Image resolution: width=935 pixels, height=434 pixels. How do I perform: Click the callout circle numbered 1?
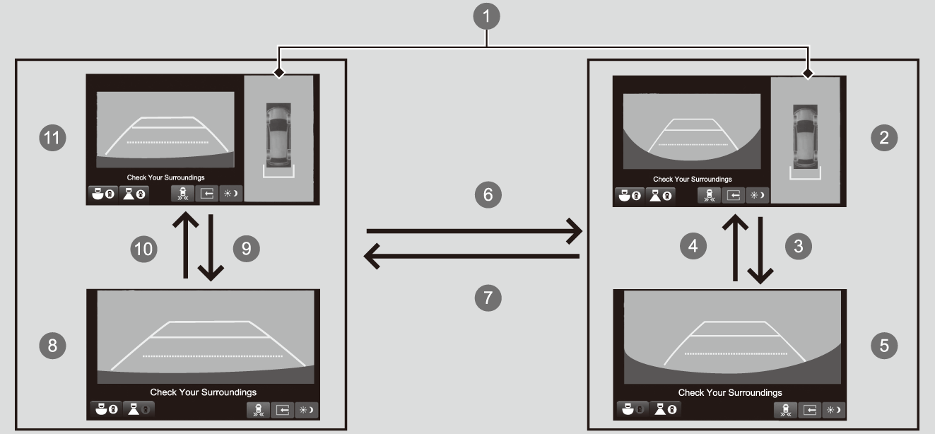click(486, 16)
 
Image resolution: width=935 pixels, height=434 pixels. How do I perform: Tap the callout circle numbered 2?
click(884, 138)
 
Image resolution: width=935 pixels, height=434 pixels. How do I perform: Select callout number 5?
click(884, 346)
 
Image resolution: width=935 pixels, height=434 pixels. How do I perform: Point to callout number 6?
click(488, 194)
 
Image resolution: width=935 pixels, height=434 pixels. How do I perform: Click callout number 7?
click(488, 298)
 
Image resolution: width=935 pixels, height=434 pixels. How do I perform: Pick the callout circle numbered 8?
click(52, 346)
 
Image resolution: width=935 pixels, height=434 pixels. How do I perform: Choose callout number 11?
click(52, 138)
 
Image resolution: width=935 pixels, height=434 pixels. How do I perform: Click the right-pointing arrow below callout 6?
click(474, 230)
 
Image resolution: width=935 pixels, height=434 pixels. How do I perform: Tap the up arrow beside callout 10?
click(186, 245)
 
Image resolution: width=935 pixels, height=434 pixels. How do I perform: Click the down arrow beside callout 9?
click(211, 248)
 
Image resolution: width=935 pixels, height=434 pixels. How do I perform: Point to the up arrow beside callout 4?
click(735, 247)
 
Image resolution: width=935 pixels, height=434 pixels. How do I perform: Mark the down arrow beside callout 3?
click(760, 250)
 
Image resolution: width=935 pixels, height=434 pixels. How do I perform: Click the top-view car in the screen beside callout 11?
click(278, 135)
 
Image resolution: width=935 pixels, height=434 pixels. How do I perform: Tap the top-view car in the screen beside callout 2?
click(805, 137)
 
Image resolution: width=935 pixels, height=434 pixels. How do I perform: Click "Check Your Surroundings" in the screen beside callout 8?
click(204, 392)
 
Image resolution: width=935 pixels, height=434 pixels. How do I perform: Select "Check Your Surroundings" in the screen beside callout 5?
click(730, 393)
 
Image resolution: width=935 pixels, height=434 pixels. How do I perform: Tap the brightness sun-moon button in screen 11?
click(231, 194)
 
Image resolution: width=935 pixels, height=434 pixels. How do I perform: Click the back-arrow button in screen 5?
click(810, 410)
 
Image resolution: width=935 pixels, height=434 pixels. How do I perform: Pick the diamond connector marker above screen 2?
click(808, 74)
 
